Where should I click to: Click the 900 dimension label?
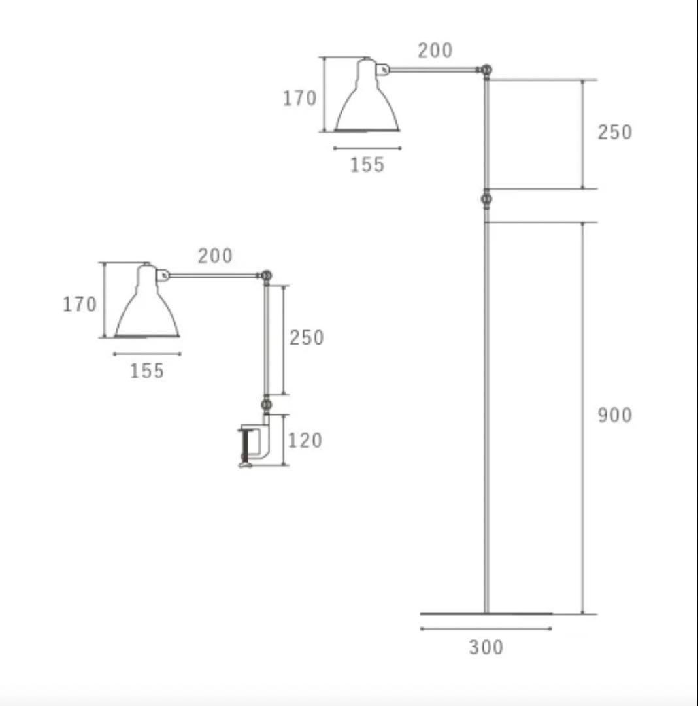point(615,416)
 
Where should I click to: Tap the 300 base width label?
point(486,648)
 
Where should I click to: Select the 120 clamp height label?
point(305,441)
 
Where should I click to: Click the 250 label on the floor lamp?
point(615,133)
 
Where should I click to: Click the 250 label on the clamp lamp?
point(307,338)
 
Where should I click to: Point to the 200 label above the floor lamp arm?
point(435,50)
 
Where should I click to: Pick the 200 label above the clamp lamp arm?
point(215,256)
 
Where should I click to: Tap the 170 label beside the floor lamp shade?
point(299,98)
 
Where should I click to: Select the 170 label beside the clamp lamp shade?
point(80,304)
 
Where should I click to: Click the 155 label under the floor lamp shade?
point(367,165)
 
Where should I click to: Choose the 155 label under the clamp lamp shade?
point(147,371)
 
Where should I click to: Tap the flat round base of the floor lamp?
point(486,613)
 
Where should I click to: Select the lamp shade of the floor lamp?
point(367,105)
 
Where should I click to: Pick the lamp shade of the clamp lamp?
point(147,311)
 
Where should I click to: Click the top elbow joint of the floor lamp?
point(486,69)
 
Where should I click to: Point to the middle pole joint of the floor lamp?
point(486,199)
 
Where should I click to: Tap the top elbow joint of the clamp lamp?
point(266,275)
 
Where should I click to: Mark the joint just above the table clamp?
point(266,405)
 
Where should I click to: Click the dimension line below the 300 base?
point(486,629)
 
